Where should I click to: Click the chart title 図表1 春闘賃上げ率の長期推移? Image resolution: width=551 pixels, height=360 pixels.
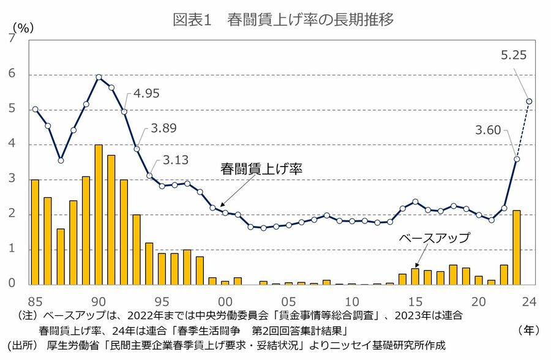[x=283, y=19]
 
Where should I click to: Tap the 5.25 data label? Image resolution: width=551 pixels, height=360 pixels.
[x=514, y=55]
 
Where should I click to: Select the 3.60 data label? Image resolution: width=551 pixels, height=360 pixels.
[x=488, y=130]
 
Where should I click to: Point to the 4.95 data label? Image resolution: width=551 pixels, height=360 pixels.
[x=147, y=94]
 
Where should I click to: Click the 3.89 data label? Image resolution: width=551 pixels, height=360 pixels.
[x=164, y=129]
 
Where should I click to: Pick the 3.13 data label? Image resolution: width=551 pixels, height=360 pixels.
[x=175, y=160]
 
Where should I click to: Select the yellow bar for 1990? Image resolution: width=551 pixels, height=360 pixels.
[x=99, y=214]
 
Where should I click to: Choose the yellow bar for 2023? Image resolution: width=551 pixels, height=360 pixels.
[x=517, y=247]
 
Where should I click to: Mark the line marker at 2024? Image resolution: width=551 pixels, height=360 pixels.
[x=529, y=101]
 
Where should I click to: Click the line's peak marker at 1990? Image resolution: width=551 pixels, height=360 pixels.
[x=99, y=77]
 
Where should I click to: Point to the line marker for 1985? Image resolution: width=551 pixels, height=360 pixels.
[x=35, y=109]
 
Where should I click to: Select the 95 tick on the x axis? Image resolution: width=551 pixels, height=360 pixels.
[x=162, y=301]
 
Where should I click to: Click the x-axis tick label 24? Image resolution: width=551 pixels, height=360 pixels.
[x=529, y=301]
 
